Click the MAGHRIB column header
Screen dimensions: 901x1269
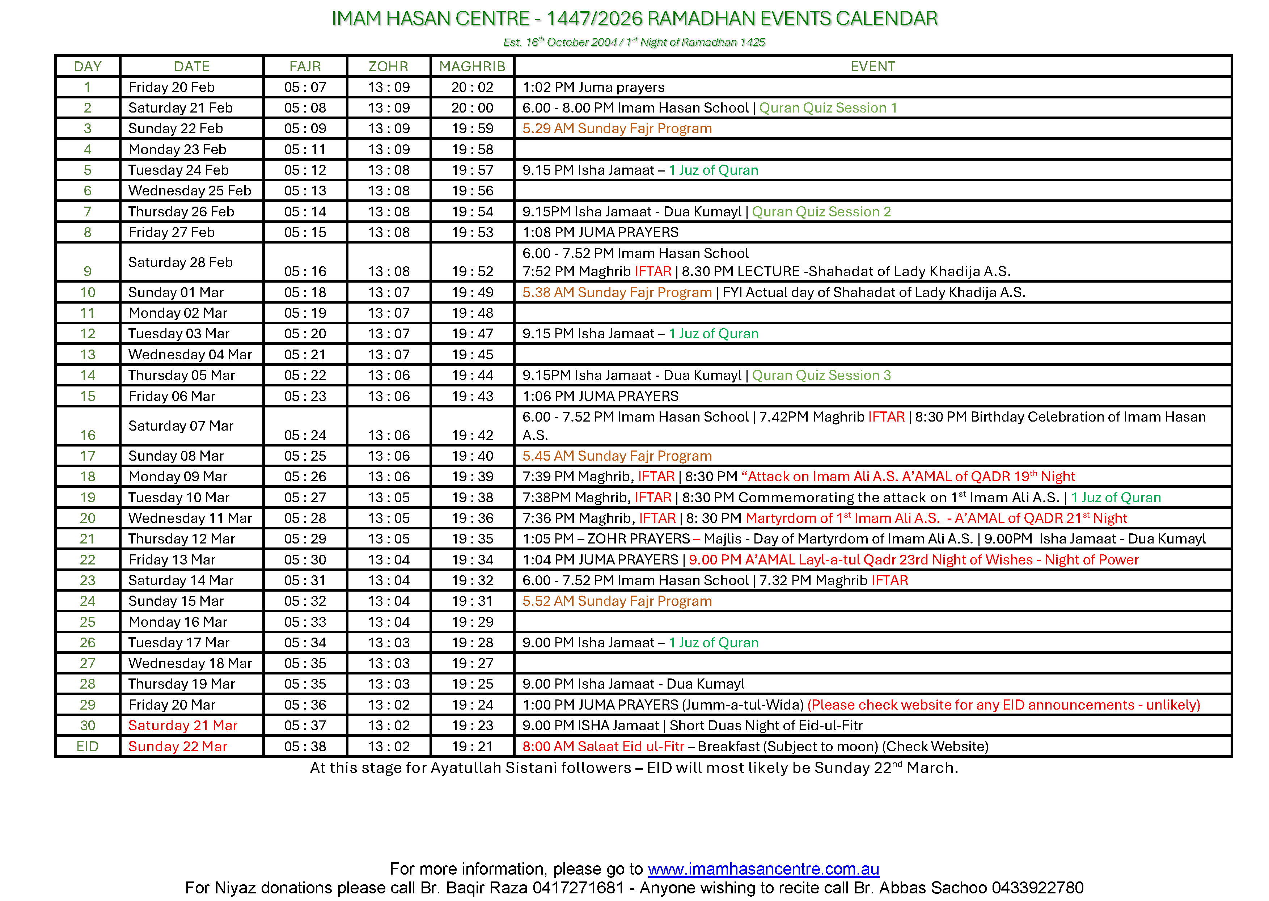pyautogui.click(x=472, y=67)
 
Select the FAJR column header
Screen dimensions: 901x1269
pyautogui.click(x=305, y=67)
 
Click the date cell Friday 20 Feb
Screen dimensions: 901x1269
pyautogui.click(x=172, y=87)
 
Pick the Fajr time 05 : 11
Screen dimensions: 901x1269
pyautogui.click(x=305, y=149)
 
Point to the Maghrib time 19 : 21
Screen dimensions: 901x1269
pyautogui.click(x=472, y=746)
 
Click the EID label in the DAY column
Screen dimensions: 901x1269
pyautogui.click(x=88, y=746)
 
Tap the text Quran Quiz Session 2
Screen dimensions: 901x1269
pyautogui.click(x=821, y=211)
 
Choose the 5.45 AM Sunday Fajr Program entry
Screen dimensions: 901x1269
pyautogui.click(x=617, y=456)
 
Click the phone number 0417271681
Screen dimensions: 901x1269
pyautogui.click(x=578, y=888)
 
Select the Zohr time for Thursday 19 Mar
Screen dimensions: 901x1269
pyautogui.click(x=389, y=684)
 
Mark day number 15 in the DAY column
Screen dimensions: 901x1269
pyautogui.click(x=88, y=396)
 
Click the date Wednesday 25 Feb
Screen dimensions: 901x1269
pyautogui.click(x=190, y=191)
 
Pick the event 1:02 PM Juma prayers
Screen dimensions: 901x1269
pyautogui.click(x=593, y=87)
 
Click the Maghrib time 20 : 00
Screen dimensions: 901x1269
pyautogui.click(x=472, y=107)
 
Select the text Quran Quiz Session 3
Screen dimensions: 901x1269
pyautogui.click(x=821, y=375)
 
